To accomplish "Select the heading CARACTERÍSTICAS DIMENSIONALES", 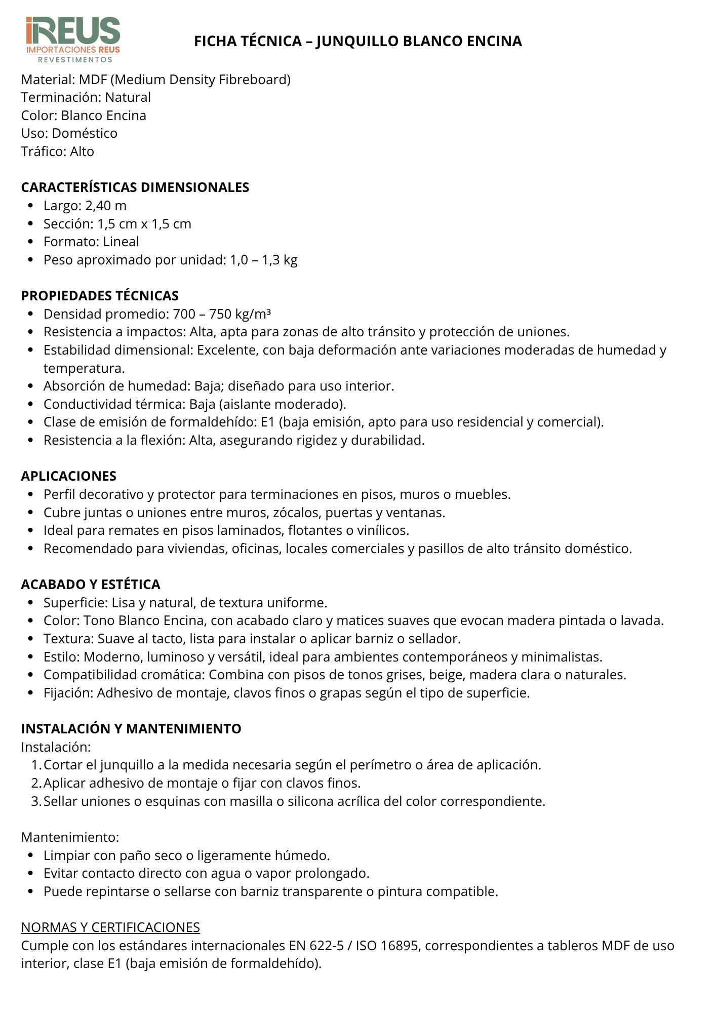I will click(x=135, y=187).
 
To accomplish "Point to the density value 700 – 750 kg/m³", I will click(x=222, y=314).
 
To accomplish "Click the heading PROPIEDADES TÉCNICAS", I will click(x=100, y=296).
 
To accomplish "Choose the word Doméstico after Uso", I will click(x=85, y=133).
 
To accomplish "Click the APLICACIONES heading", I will click(x=69, y=476).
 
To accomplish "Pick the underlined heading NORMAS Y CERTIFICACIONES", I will click(x=110, y=927).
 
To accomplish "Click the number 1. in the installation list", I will click(x=36, y=765).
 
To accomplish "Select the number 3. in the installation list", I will click(x=36, y=801).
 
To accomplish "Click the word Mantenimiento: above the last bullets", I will click(x=70, y=837).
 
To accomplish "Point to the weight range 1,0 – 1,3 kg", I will click(x=264, y=260).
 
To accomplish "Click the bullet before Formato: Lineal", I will click(x=31, y=242).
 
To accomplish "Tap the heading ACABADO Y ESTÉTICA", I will click(x=91, y=585).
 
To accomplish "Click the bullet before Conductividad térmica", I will click(x=31, y=404).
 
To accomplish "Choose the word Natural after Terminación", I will click(x=128, y=97).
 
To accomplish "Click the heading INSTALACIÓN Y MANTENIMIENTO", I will click(x=131, y=729).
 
